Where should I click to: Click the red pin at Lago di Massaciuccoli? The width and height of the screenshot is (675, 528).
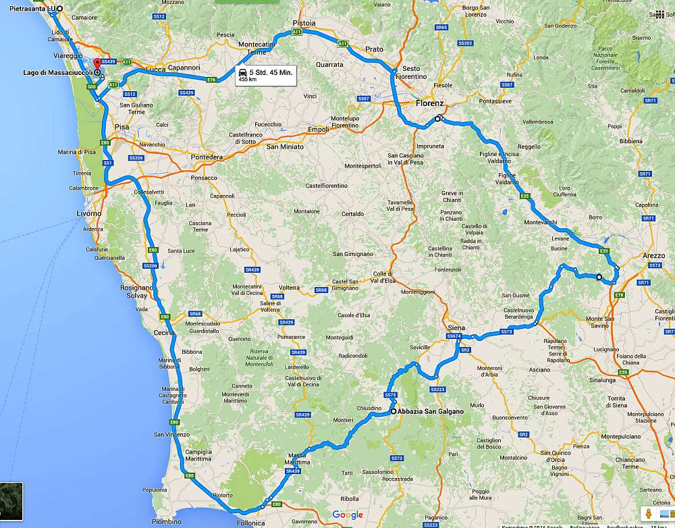click(x=97, y=66)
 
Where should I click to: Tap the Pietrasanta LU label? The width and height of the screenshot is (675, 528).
click(x=30, y=9)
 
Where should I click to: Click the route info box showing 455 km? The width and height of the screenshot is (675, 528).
click(x=266, y=75)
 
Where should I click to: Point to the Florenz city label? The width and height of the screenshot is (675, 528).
click(x=429, y=103)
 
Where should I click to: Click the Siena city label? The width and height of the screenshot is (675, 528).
click(x=456, y=327)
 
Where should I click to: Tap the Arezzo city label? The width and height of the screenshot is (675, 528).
click(x=653, y=256)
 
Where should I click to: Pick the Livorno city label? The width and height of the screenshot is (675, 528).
click(x=88, y=213)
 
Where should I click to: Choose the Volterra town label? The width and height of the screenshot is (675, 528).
click(x=289, y=287)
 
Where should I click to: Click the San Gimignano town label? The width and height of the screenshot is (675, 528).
click(x=353, y=254)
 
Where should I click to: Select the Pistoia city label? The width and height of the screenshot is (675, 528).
click(x=304, y=23)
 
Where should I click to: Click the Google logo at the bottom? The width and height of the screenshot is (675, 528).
click(x=348, y=515)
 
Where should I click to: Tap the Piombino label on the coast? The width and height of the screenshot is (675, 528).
click(x=166, y=521)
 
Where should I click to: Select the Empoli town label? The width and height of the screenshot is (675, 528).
click(x=317, y=130)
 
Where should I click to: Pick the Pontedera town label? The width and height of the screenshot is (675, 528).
click(x=207, y=157)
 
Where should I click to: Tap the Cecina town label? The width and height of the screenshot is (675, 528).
click(x=164, y=332)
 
